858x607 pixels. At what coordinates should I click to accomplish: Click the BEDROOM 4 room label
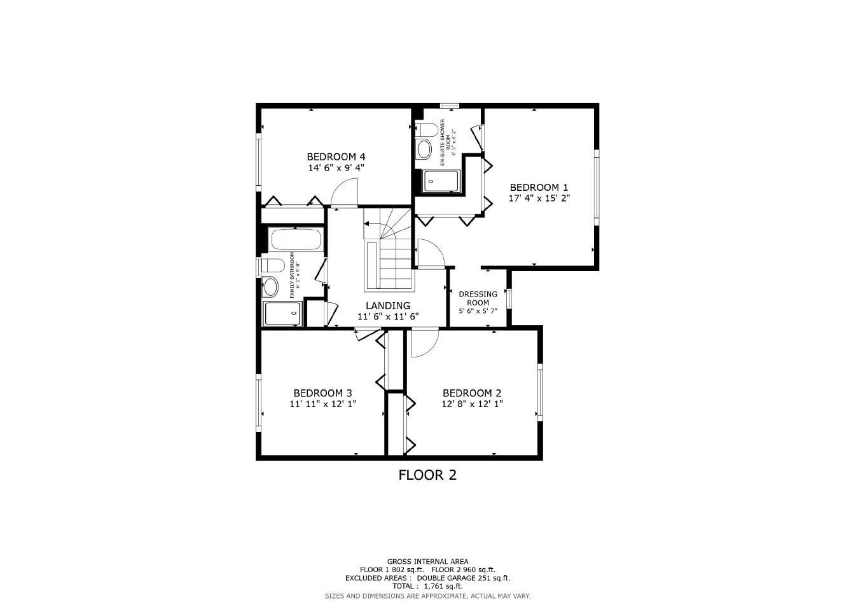(336, 157)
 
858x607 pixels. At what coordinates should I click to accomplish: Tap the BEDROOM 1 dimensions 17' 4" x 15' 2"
(539, 198)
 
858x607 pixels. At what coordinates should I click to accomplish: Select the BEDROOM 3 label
(322, 393)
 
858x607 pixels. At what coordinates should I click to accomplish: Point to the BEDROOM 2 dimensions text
(472, 404)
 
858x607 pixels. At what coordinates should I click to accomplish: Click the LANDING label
(387, 305)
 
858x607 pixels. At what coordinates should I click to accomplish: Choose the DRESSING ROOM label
(478, 298)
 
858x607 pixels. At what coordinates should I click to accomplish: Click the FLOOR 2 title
(427, 475)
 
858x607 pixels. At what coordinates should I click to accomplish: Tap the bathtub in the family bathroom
(295, 240)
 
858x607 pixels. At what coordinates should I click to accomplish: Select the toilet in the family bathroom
(272, 265)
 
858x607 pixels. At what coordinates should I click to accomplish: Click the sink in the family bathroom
(271, 287)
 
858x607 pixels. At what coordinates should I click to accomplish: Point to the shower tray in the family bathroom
(282, 313)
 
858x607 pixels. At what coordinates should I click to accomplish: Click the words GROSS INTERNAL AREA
(427, 561)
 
